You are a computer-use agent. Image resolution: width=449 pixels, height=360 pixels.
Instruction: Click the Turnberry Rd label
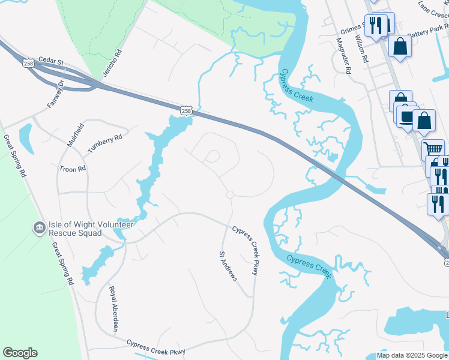click(105, 143)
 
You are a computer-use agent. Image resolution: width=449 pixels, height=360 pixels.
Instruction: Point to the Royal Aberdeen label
click(113, 308)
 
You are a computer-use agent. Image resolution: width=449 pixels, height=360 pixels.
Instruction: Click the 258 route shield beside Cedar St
click(28, 62)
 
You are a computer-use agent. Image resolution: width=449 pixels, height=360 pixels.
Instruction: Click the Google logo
click(20, 353)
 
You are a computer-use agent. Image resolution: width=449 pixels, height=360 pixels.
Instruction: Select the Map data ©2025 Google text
click(412, 355)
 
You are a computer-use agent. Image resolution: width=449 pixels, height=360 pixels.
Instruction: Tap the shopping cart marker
click(432, 148)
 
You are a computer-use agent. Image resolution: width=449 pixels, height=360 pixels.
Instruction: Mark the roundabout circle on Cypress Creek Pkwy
click(229, 194)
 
